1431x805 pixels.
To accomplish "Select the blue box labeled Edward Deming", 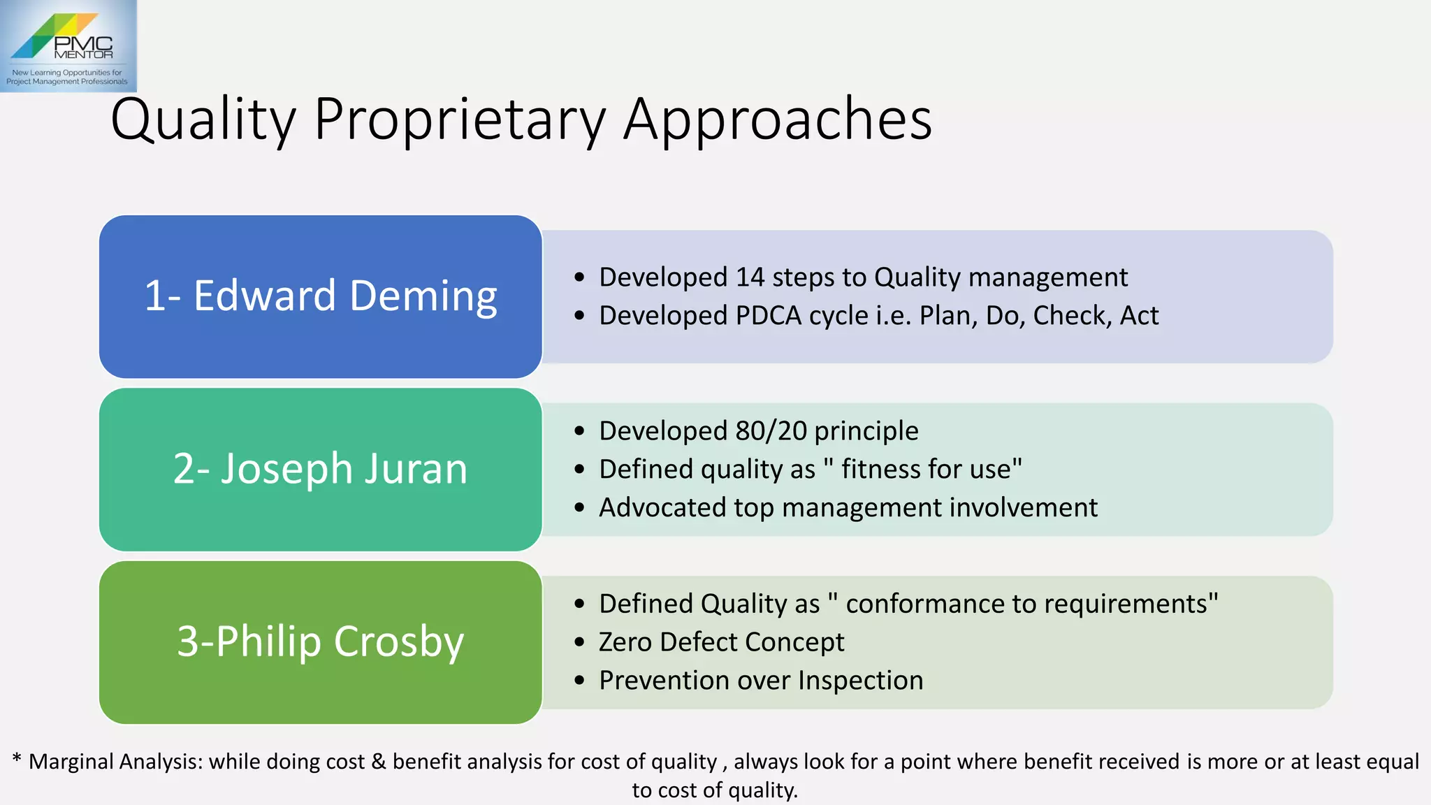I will point(321,296).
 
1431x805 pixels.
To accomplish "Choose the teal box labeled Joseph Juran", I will point(321,469).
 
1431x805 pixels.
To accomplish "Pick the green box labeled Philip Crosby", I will point(321,641).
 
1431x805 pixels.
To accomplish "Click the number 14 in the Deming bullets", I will point(750,277).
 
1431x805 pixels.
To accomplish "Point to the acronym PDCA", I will point(769,316).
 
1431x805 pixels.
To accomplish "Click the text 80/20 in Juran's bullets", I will point(771,431).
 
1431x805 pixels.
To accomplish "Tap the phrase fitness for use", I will point(926,470).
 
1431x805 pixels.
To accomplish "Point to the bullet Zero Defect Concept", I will point(721,642).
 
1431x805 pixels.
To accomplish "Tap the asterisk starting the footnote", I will point(17,759).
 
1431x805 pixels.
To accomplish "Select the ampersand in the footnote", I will point(379,762).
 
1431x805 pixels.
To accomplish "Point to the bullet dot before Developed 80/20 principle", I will point(579,431).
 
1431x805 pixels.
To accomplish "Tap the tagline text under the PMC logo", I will point(67,77).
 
